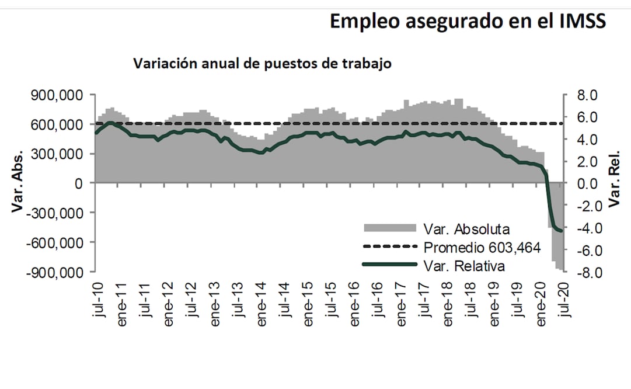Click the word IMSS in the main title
point(577,21)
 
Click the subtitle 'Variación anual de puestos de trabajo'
point(263,64)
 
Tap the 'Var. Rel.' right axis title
point(615,183)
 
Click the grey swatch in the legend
point(390,227)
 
